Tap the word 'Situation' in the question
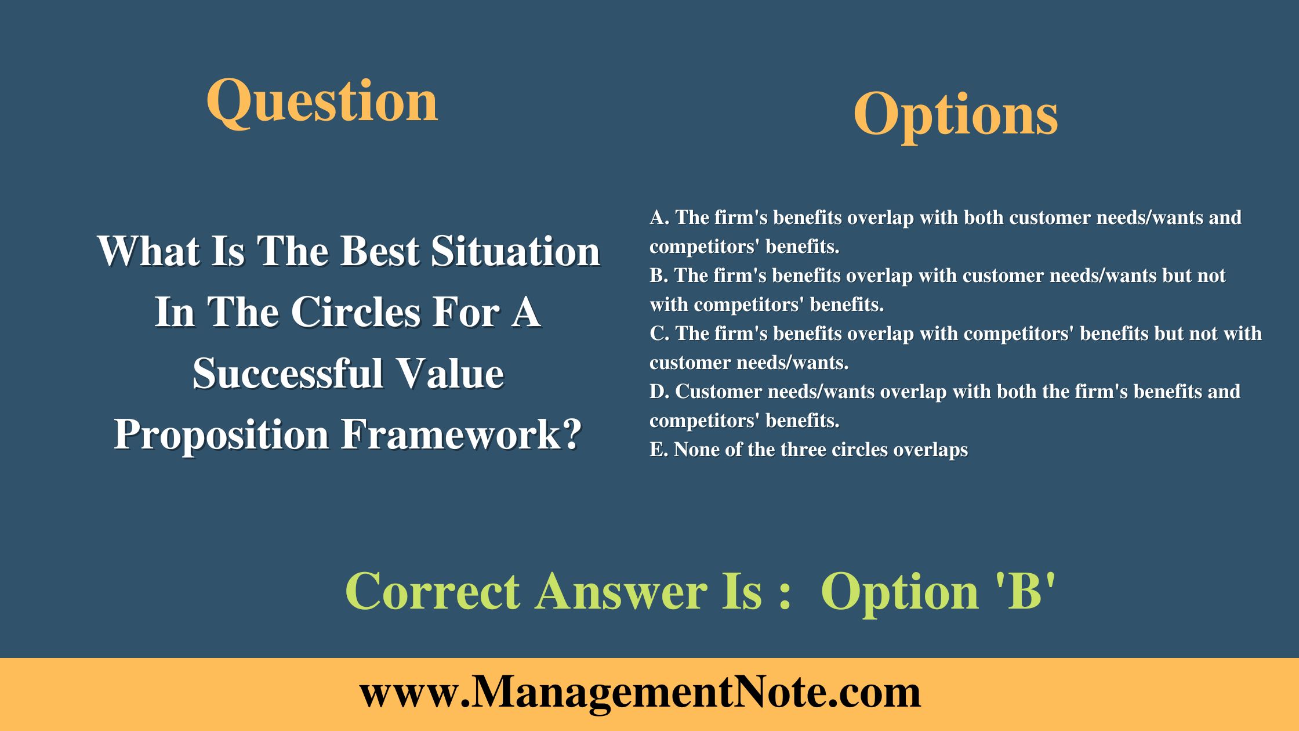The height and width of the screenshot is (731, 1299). tap(515, 252)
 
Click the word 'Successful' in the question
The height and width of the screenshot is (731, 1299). tap(288, 374)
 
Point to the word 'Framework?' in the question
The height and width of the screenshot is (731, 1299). tap(461, 435)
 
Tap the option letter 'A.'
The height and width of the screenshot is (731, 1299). tap(659, 218)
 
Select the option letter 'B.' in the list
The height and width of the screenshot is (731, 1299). tap(659, 276)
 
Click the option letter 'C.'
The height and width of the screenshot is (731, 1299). tap(659, 334)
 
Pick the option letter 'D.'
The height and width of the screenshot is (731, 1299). tap(659, 392)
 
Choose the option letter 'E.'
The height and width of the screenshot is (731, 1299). tap(658, 450)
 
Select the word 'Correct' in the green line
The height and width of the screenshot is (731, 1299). tap(432, 592)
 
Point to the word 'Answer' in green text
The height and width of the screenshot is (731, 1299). tap(621, 592)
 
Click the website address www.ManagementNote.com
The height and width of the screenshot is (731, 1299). tap(640, 693)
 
